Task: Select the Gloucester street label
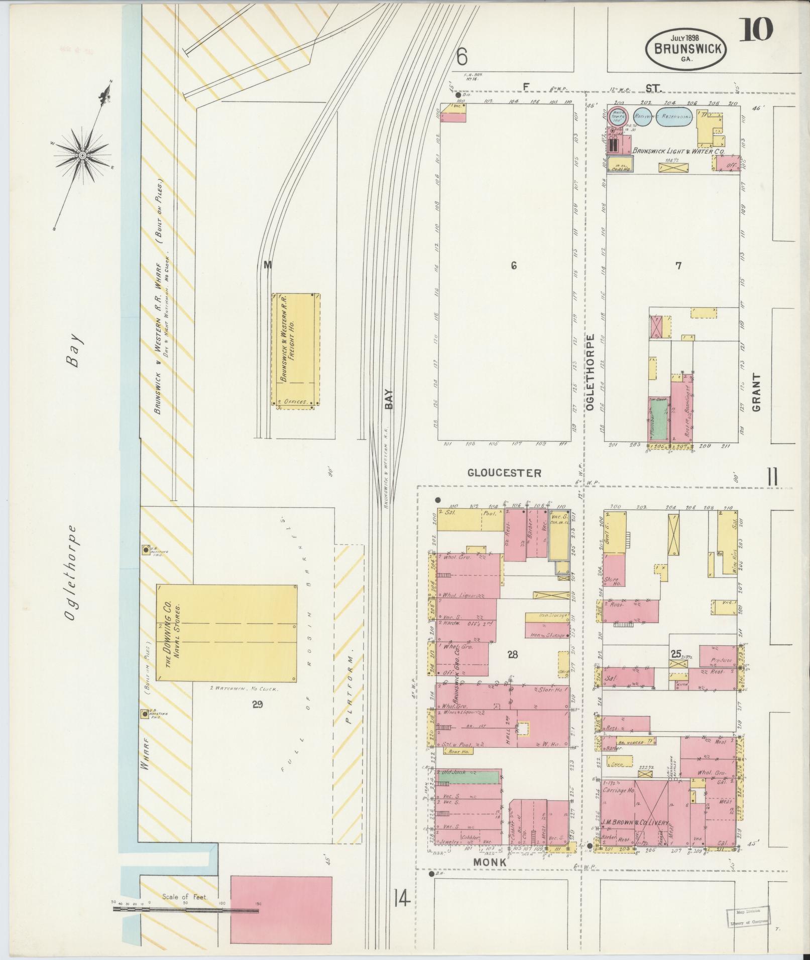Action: click(x=504, y=473)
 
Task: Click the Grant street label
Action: click(x=756, y=392)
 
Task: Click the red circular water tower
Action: click(x=618, y=116)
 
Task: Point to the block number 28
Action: click(x=512, y=654)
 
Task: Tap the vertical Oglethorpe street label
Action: click(x=590, y=372)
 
